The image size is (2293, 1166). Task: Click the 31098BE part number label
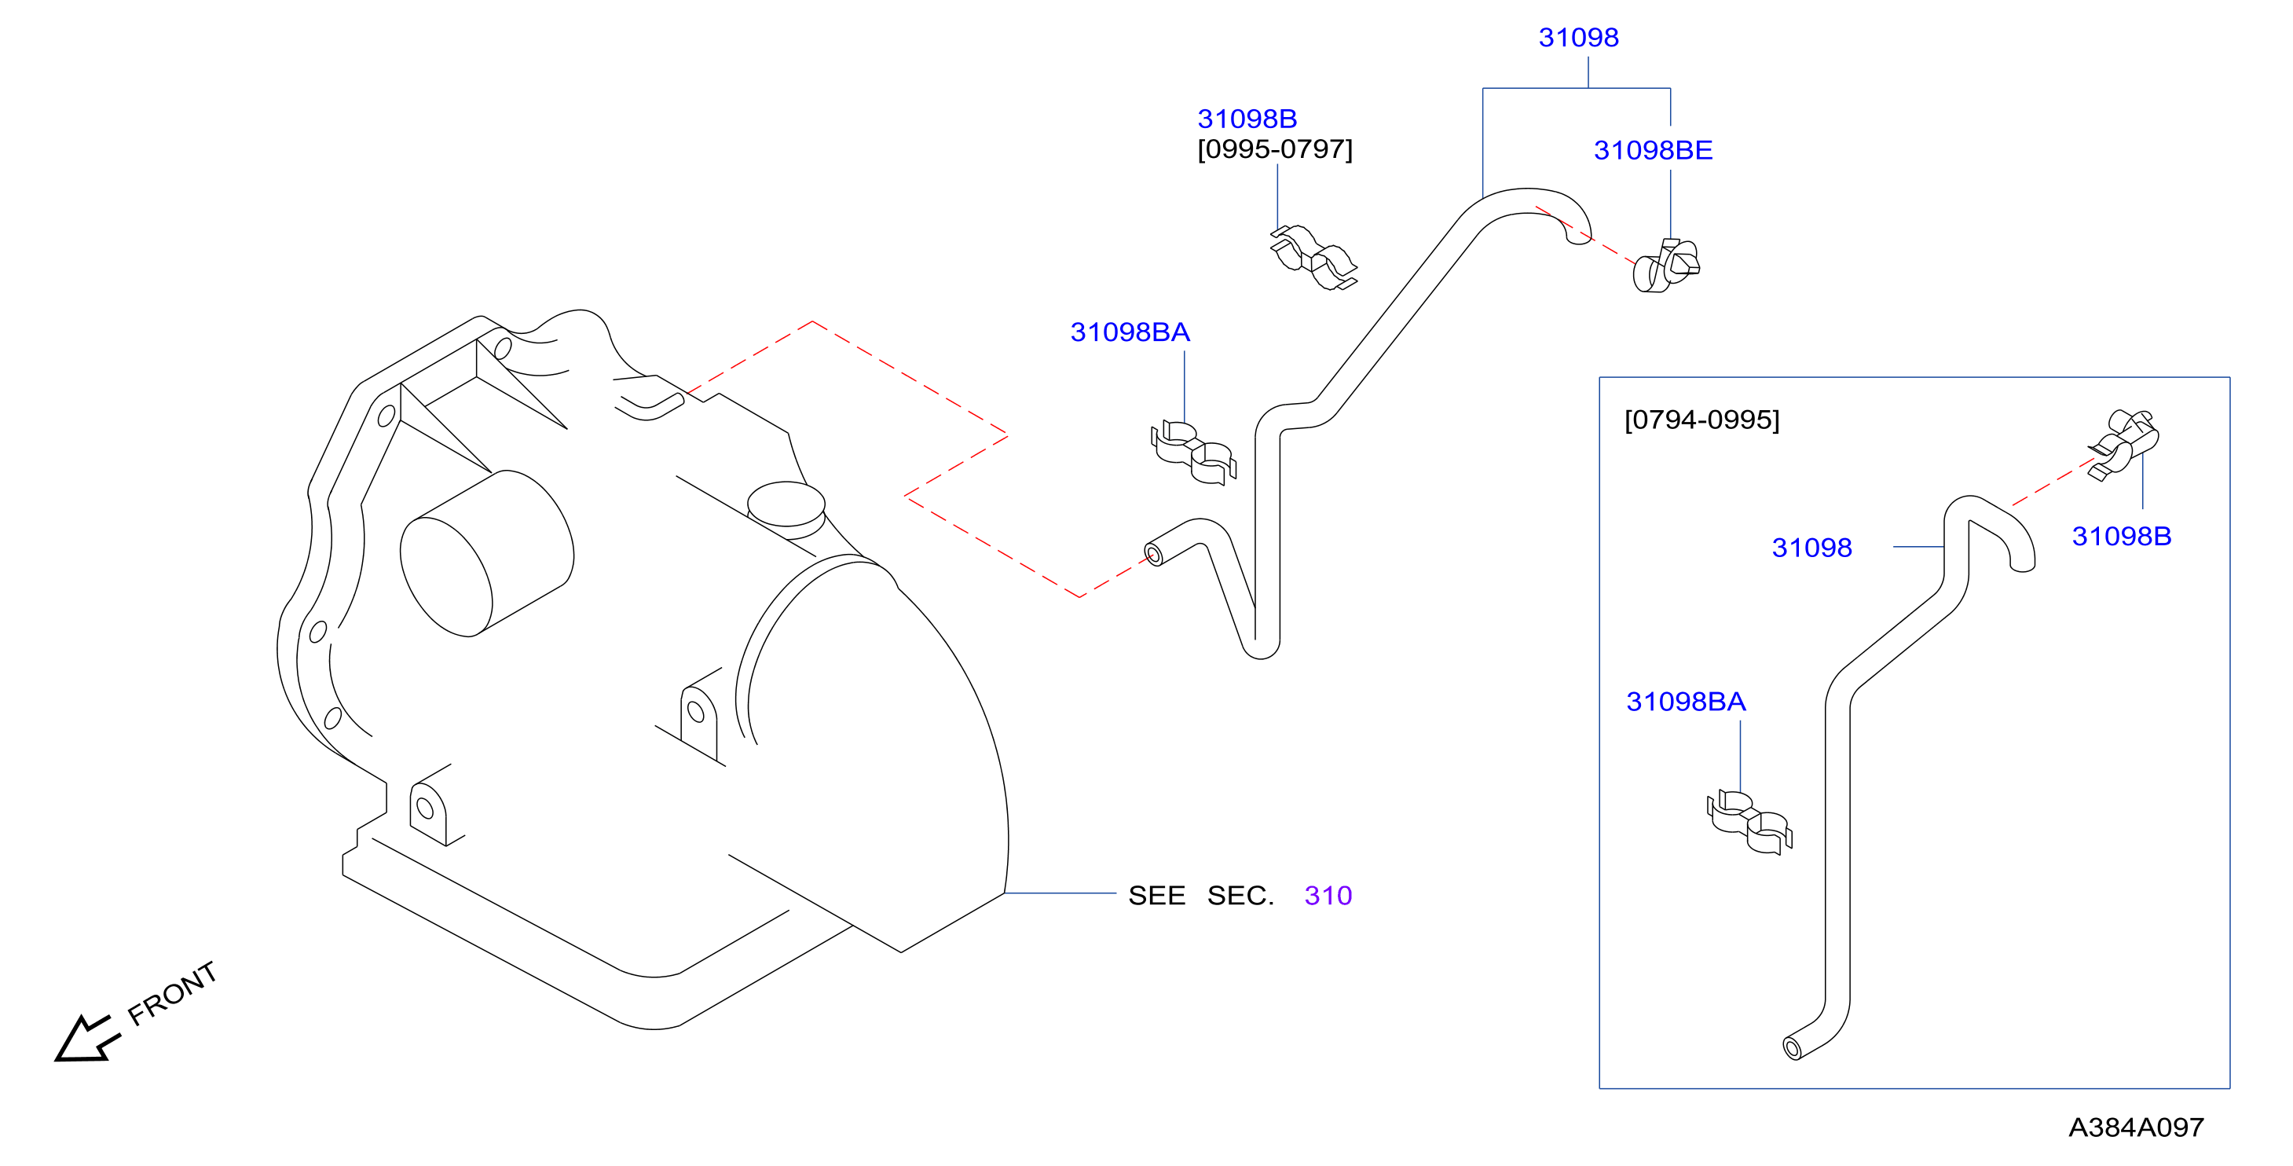click(1653, 150)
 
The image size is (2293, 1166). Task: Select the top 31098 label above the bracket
click(1578, 38)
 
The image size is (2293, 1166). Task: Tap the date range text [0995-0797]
click(1275, 148)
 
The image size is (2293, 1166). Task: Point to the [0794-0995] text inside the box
click(1702, 420)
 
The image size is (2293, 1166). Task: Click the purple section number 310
click(1328, 896)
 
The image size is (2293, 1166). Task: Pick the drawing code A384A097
click(2137, 1127)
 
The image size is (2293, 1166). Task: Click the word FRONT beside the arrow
click(172, 993)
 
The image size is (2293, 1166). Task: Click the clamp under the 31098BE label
click(1666, 266)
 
